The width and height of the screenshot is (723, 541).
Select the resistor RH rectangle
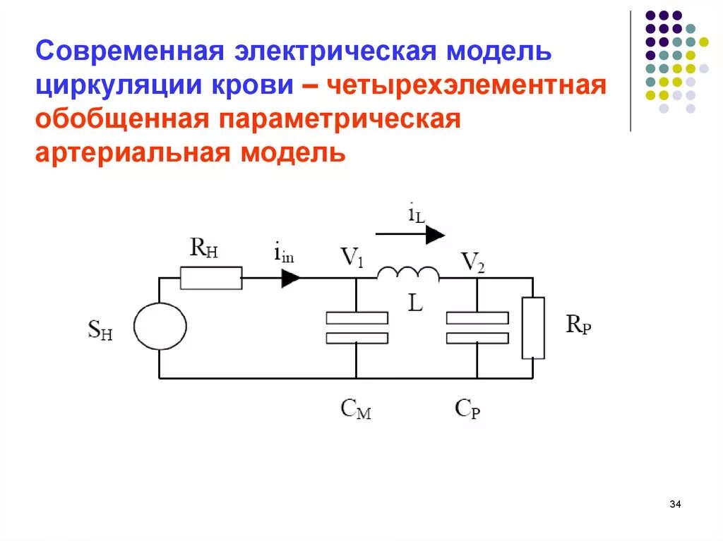tap(211, 277)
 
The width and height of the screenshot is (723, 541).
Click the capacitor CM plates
tap(357, 327)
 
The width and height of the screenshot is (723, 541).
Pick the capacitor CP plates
tap(477, 327)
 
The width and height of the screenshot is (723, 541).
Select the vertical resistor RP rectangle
tap(533, 327)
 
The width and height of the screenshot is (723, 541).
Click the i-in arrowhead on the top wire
tap(290, 277)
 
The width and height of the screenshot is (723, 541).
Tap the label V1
tap(352, 258)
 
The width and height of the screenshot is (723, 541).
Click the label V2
tap(472, 262)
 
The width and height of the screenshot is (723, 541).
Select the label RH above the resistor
tap(203, 248)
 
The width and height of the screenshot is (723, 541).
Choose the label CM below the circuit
tap(355, 408)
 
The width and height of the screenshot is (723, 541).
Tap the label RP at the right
tap(578, 326)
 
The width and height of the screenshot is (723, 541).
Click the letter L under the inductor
tap(415, 303)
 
